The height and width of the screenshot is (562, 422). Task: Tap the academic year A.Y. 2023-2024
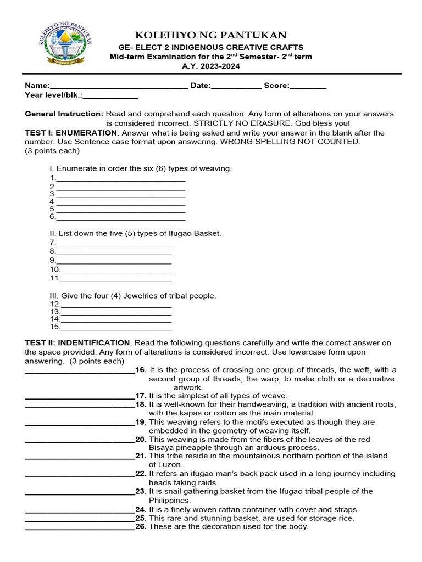(212, 66)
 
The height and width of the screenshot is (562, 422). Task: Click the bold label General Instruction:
(64, 114)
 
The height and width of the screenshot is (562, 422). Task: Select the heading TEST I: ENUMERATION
(71, 133)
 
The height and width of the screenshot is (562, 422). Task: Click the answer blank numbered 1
(120, 179)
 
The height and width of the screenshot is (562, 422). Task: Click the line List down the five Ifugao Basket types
(135, 233)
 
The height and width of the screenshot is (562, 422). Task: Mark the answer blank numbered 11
(115, 279)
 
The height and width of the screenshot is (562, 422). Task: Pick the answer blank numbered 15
(115, 328)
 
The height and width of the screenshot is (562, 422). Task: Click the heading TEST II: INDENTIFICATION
(77, 342)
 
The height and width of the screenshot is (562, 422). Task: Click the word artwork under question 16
(188, 387)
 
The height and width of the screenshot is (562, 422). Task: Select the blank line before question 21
(80, 457)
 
